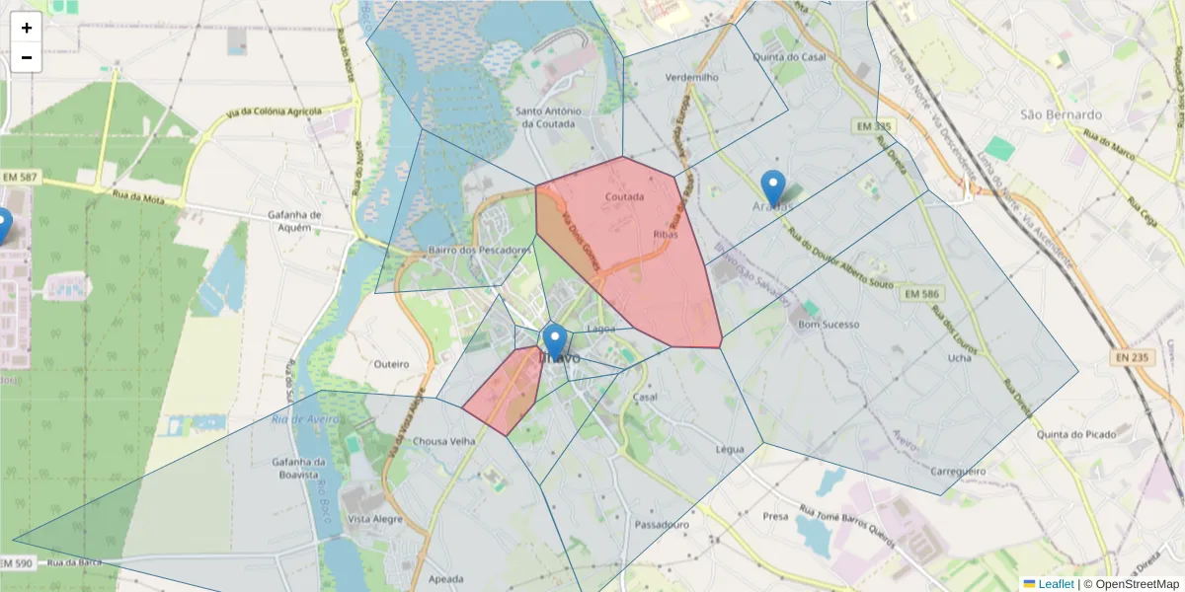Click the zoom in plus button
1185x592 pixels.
(27, 28)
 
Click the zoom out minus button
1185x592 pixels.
(27, 57)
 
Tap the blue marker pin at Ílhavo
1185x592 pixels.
(555, 341)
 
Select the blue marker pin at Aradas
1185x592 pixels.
(773, 187)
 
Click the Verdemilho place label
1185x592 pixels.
(692, 77)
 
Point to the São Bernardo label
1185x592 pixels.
(1061, 114)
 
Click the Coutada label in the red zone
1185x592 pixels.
(624, 196)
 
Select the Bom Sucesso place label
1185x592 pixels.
(829, 324)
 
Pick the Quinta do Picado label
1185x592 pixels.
(1076, 434)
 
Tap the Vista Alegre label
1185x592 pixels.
(373, 519)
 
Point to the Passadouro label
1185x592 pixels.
(662, 524)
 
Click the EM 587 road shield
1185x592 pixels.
(20, 177)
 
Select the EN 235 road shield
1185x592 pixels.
(1134, 356)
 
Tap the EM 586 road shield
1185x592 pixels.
(921, 294)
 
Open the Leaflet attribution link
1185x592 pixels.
(1056, 584)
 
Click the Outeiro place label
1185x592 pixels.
(391, 364)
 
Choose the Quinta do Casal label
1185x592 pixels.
(789, 57)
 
